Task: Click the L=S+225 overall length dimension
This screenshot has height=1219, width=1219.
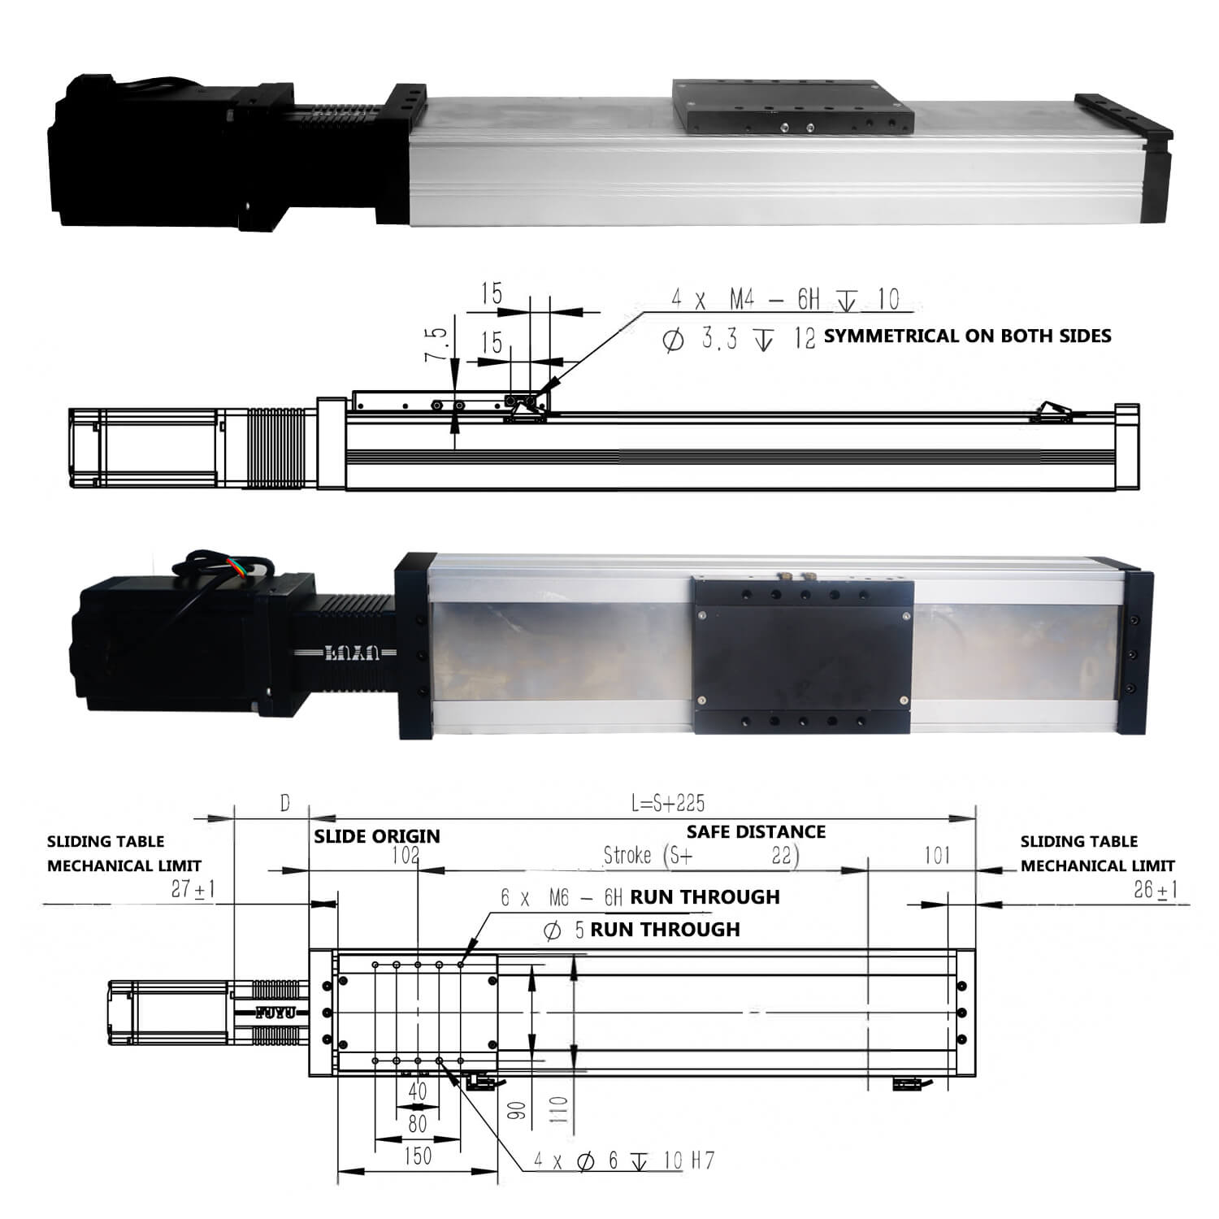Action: point(667,804)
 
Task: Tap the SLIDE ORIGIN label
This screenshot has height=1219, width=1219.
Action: point(377,836)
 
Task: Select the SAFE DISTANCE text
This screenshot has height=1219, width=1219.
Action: point(756,831)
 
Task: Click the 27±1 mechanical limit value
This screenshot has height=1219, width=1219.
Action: point(193,889)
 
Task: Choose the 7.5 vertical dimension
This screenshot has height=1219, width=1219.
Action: point(436,345)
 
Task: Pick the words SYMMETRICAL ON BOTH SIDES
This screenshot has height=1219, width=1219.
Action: point(967,336)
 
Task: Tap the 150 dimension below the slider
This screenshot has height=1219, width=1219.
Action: point(418,1156)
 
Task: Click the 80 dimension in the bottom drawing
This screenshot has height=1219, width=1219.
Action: point(418,1124)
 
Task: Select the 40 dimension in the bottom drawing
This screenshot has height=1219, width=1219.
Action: point(418,1091)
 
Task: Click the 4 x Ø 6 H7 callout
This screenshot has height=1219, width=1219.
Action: point(623,1160)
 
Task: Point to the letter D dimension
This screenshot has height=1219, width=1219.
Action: point(284,804)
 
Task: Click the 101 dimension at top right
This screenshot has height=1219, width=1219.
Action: point(937,856)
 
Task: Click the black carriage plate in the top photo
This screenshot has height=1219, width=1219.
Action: point(792,107)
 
